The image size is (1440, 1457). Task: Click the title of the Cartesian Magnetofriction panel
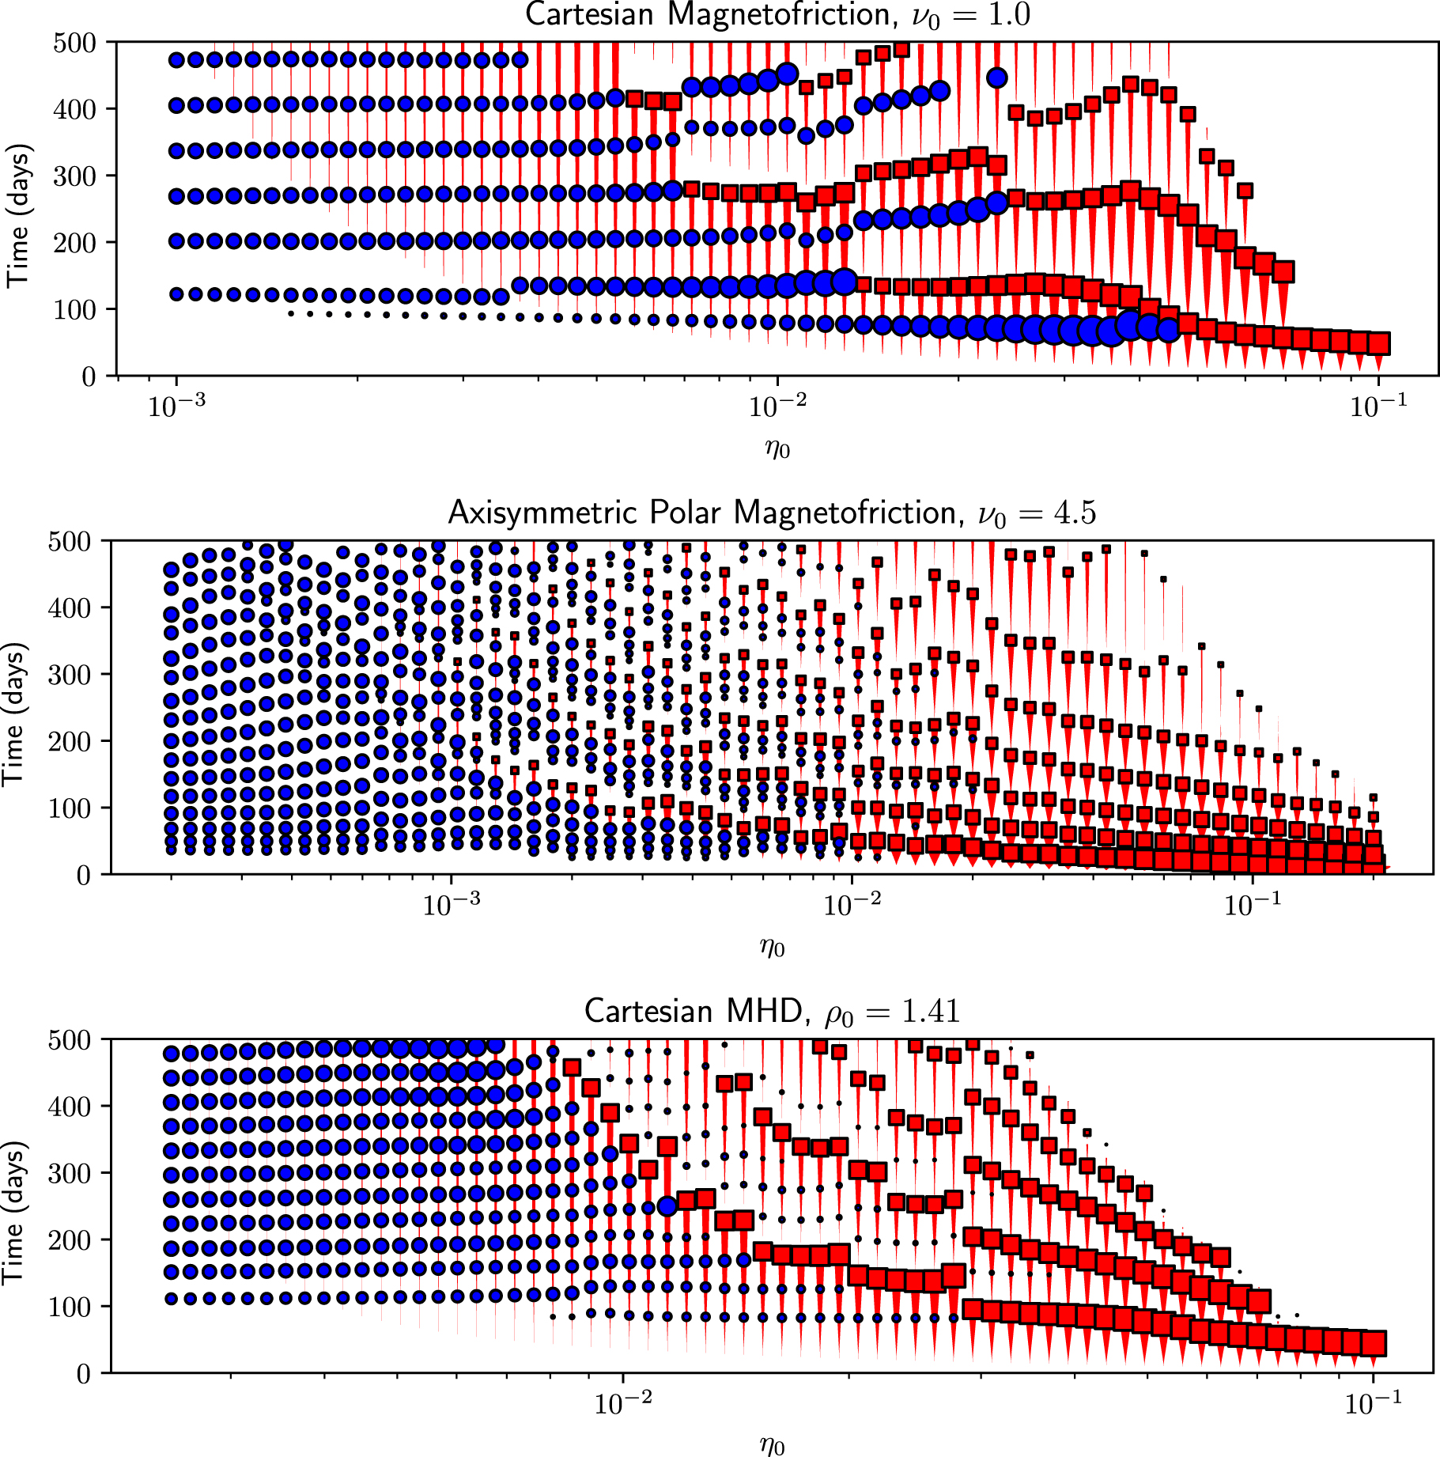pyautogui.click(x=777, y=15)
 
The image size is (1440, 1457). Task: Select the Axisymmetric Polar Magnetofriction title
pyautogui.click(x=772, y=513)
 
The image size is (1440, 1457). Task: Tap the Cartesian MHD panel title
pyautogui.click(x=772, y=1011)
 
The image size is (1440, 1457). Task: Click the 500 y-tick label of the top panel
pyautogui.click(x=74, y=43)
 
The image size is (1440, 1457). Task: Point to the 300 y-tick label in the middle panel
pyautogui.click(x=69, y=675)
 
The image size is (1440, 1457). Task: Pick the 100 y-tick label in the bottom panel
pyautogui.click(x=69, y=1307)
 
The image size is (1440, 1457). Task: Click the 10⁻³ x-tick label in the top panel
pyautogui.click(x=176, y=407)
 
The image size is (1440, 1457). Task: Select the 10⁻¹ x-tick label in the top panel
pyautogui.click(x=1378, y=407)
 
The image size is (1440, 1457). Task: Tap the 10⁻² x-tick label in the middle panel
pyautogui.click(x=851, y=904)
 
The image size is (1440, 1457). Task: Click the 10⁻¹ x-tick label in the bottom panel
pyautogui.click(x=1372, y=1402)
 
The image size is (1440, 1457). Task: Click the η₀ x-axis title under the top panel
pyautogui.click(x=777, y=448)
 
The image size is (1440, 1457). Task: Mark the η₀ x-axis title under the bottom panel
pyautogui.click(x=772, y=1445)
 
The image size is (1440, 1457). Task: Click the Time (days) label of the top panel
pyautogui.click(x=17, y=215)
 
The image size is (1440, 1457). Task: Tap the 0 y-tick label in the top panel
pyautogui.click(x=89, y=377)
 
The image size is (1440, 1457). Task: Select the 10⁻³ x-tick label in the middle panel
pyautogui.click(x=451, y=904)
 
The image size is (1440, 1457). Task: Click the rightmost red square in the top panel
pyautogui.click(x=1379, y=343)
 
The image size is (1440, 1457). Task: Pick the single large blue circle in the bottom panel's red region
pyautogui.click(x=667, y=1205)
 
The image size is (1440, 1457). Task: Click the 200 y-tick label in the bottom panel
pyautogui.click(x=69, y=1240)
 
